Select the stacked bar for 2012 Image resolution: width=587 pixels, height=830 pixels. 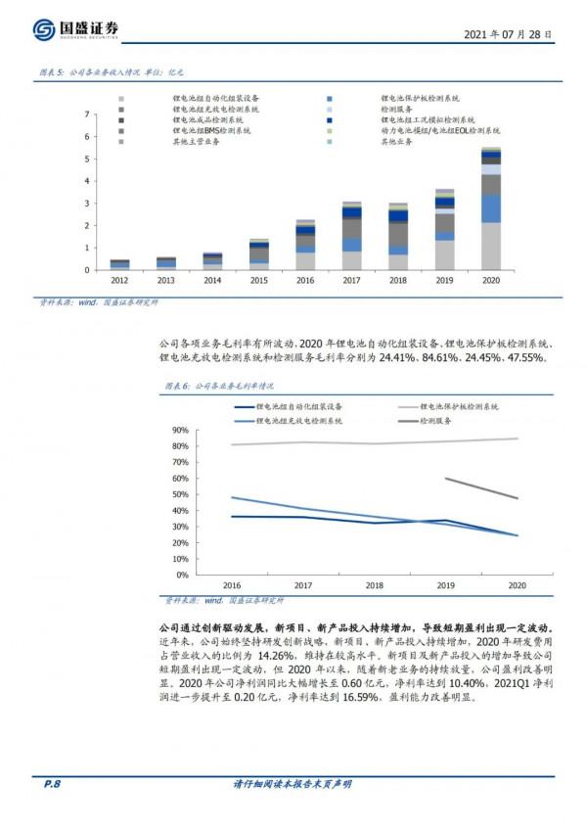[119, 264]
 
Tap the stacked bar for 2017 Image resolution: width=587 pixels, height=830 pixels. [351, 236]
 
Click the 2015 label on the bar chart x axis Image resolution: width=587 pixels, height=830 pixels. [258, 280]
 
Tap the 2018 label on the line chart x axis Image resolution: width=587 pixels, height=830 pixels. [374, 584]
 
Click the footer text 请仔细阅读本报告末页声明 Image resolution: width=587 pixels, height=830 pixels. [293, 784]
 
